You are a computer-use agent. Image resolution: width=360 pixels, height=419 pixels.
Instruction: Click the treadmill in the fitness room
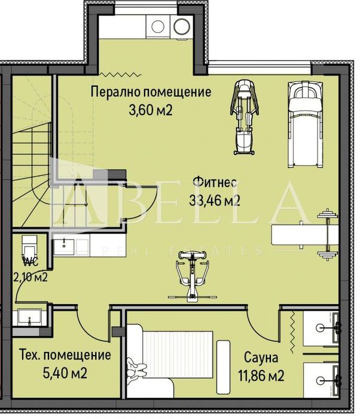click(x=306, y=123)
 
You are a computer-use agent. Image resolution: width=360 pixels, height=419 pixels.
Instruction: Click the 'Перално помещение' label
click(x=151, y=92)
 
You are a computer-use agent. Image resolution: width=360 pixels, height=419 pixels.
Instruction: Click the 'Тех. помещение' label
click(x=65, y=355)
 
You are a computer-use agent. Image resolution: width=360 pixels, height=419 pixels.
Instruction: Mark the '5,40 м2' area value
click(x=65, y=374)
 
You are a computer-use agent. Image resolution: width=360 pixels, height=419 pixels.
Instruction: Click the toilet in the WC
click(x=28, y=248)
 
